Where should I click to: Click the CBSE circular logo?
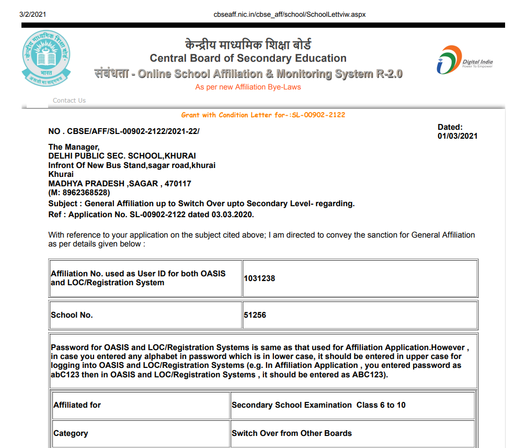pyautogui.click(x=45, y=58)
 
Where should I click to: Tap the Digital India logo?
pyautogui.click(x=464, y=60)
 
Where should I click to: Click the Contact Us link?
pyautogui.click(x=69, y=100)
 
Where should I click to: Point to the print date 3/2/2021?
pyautogui.click(x=33, y=14)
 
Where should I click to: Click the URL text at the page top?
pyautogui.click(x=289, y=14)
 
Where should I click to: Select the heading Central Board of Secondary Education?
pyautogui.click(x=248, y=58)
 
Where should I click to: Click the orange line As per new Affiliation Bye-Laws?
pyautogui.click(x=248, y=87)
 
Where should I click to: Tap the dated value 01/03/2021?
pyautogui.click(x=458, y=136)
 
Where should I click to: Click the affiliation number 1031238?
pyautogui.click(x=259, y=278)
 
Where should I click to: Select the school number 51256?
pyautogui.click(x=255, y=315)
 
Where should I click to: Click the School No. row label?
pyautogui.click(x=72, y=315)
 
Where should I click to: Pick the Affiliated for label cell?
pyautogui.click(x=77, y=405)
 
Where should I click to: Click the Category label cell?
pyautogui.click(x=71, y=433)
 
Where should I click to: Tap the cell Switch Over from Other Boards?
pyautogui.click(x=292, y=433)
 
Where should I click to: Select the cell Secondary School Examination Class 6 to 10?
pyautogui.click(x=318, y=405)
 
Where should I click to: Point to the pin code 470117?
pyautogui.click(x=178, y=184)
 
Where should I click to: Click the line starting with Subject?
pyautogui.click(x=201, y=204)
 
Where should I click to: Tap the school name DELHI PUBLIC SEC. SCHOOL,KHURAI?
pyautogui.click(x=122, y=156)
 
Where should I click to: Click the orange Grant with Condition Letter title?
pyautogui.click(x=263, y=115)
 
